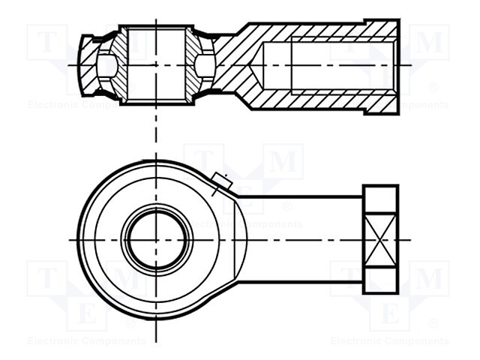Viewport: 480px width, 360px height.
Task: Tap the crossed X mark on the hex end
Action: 379,239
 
